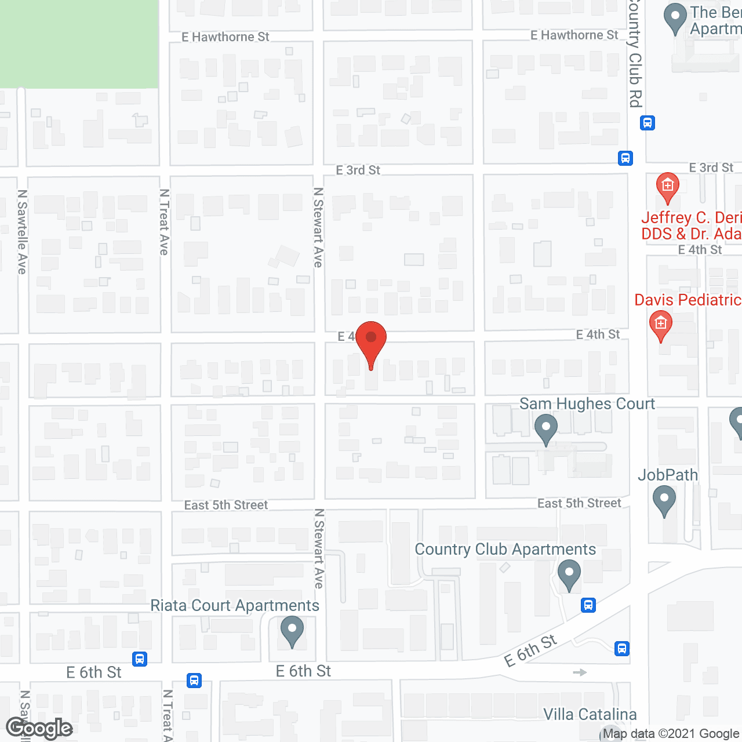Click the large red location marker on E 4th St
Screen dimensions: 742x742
pos(371,343)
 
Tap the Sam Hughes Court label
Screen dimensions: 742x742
pos(587,404)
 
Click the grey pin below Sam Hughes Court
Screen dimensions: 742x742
pos(545,430)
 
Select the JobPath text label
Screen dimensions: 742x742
pos(668,475)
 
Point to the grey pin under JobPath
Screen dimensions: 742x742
pos(664,500)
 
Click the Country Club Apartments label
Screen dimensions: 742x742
pos(505,550)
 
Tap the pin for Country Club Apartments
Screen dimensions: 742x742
pos(569,574)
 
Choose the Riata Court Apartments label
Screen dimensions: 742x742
pos(235,606)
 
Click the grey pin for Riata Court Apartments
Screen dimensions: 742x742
pos(292,630)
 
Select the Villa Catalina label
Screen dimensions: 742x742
pos(590,714)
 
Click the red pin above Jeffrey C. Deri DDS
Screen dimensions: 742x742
pos(667,187)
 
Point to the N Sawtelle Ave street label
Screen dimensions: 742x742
pos(22,232)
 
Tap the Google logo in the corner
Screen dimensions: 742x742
pos(39,728)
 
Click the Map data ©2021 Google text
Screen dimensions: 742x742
pos(671,734)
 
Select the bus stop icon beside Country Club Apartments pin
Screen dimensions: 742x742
pos(588,606)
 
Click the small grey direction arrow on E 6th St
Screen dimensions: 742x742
pos(580,672)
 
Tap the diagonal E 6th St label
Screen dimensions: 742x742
pos(530,651)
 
